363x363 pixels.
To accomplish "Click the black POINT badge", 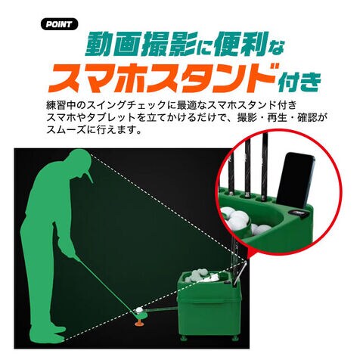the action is coord(59,24).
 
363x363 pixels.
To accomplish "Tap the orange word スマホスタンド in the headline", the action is coord(162,77).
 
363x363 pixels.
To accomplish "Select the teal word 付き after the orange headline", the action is coord(299,82).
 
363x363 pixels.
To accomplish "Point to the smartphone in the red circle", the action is coord(296,180).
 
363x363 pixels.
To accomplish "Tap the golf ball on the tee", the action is coord(139,310).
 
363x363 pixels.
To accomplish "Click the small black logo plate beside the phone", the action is coord(298,213).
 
